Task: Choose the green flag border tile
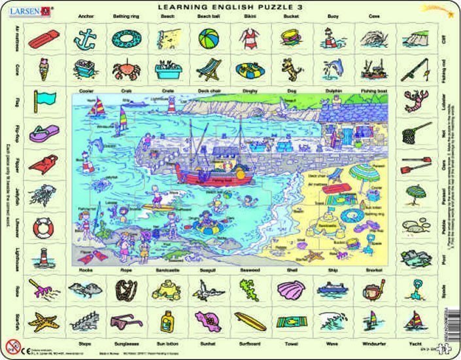tap(44, 99)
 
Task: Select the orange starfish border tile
tap(43, 320)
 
